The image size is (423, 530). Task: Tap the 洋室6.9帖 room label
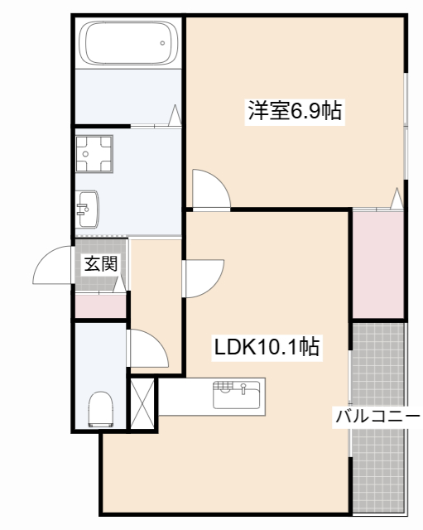tap(296, 110)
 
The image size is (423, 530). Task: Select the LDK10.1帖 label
tap(267, 346)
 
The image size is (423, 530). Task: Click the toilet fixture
tap(101, 409)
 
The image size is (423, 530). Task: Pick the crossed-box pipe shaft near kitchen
tap(143, 403)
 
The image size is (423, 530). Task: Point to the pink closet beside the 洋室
tap(378, 265)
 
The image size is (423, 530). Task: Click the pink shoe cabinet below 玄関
tap(100, 306)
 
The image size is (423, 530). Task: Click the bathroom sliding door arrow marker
tap(175, 115)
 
